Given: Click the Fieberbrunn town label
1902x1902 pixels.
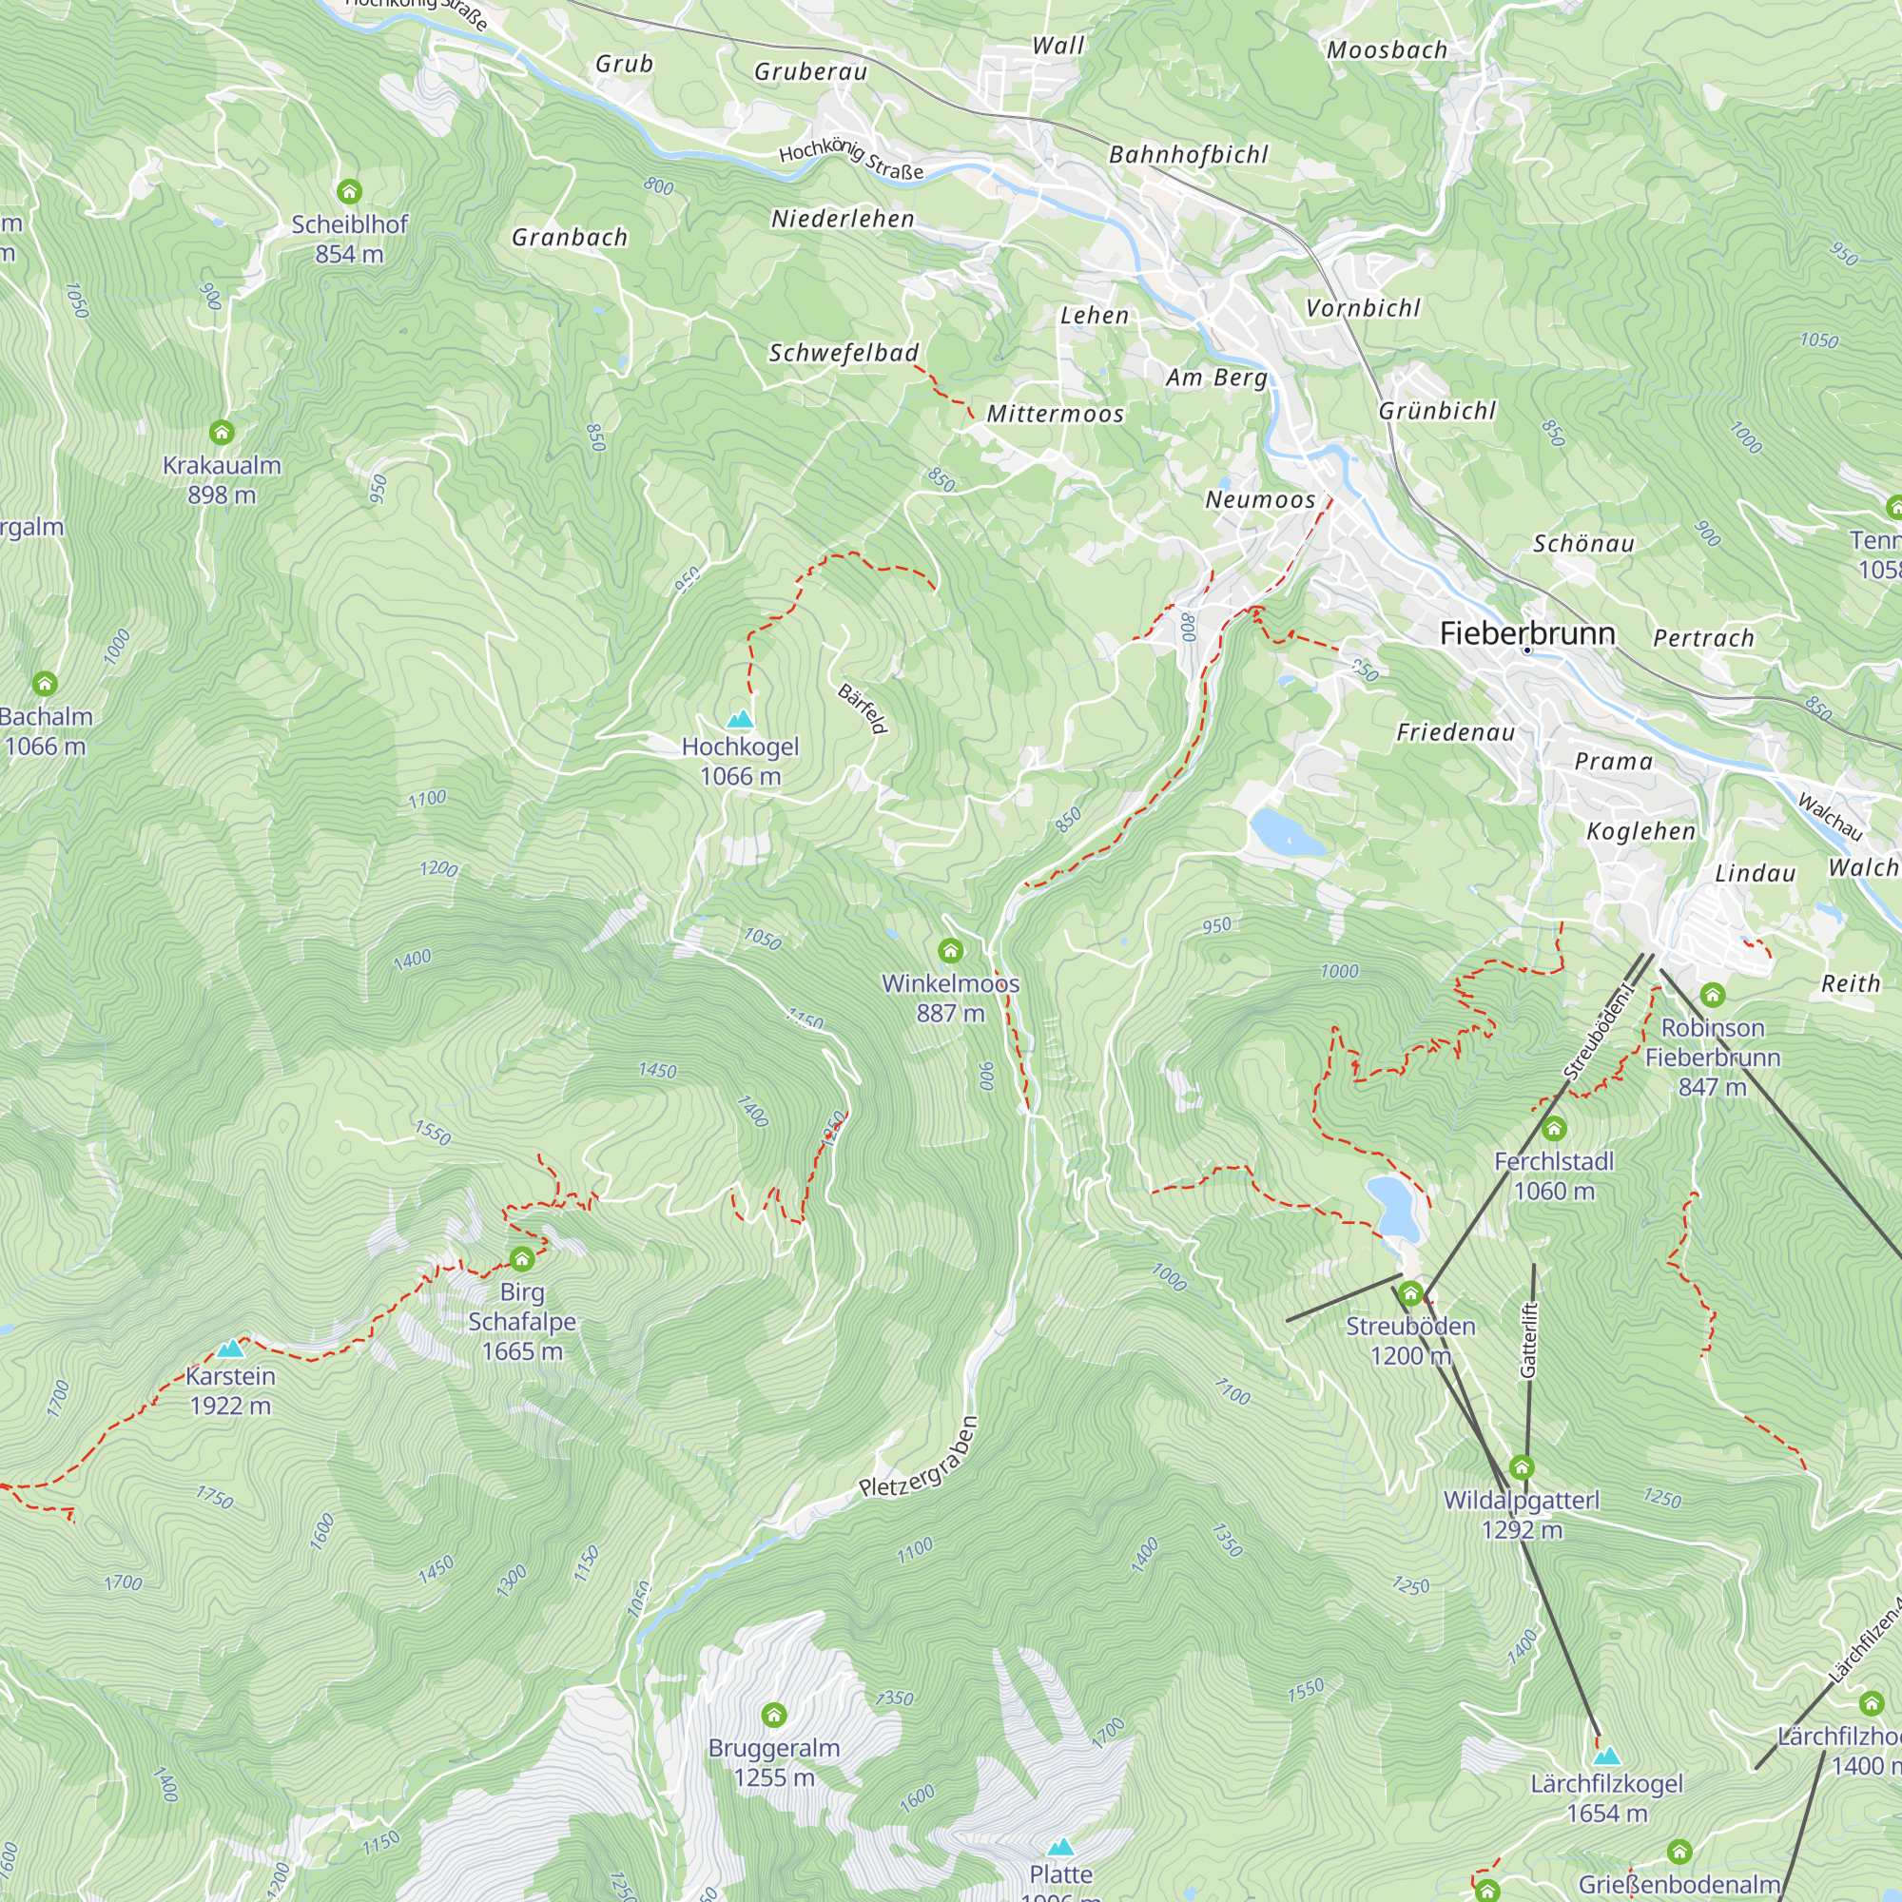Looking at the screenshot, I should (x=1527, y=633).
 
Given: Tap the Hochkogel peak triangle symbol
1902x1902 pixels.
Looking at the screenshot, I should (x=740, y=719).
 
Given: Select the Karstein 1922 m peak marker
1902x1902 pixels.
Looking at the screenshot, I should (x=230, y=1349).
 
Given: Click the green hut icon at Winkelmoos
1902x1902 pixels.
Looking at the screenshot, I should (x=950, y=950).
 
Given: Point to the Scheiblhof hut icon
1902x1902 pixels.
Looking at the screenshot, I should (x=348, y=191).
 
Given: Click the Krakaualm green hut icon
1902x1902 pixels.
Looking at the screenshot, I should (x=222, y=432).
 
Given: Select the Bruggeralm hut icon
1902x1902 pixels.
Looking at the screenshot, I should (x=774, y=1716).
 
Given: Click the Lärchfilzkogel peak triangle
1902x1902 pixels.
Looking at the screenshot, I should (x=1606, y=1756).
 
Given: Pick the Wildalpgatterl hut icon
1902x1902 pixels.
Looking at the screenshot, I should (x=1522, y=1467).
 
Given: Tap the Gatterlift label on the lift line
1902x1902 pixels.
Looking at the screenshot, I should (x=1528, y=1340).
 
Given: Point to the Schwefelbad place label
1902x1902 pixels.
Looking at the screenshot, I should (x=844, y=353).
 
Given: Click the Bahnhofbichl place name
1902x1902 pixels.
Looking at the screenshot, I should (x=1188, y=155).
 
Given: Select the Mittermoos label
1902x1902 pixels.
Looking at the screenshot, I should (x=1056, y=414).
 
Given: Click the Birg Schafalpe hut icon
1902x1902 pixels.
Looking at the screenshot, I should (x=522, y=1258).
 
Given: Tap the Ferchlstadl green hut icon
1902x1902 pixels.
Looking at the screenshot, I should (x=1554, y=1128).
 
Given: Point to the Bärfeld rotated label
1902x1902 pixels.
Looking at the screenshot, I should (x=864, y=708).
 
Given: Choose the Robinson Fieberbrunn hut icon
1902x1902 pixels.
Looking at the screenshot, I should (x=1712, y=995).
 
